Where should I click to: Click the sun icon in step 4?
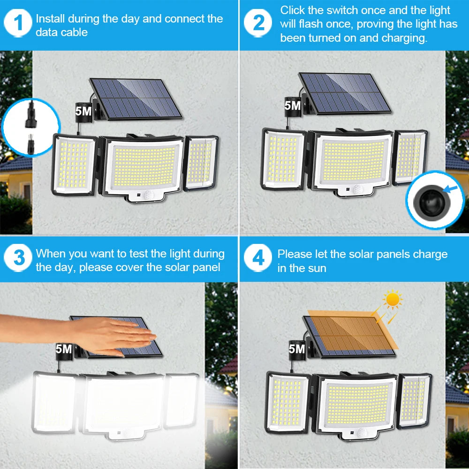[392, 299]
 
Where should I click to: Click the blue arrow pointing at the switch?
[452, 190]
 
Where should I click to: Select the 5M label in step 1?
[83, 111]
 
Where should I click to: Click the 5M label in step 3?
[64, 349]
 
